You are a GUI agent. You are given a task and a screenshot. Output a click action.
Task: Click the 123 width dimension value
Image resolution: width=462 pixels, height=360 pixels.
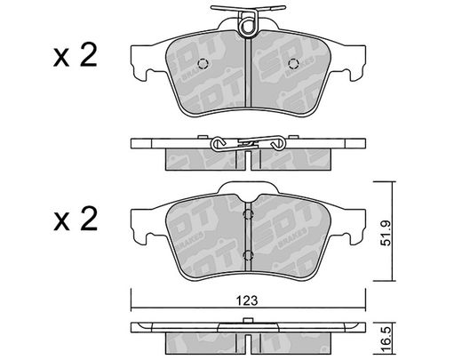click(x=247, y=300)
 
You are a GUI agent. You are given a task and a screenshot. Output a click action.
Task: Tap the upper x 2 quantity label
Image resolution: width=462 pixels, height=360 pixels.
click(x=76, y=55)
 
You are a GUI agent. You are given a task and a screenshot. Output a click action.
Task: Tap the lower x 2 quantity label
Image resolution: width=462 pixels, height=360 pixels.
click(x=76, y=220)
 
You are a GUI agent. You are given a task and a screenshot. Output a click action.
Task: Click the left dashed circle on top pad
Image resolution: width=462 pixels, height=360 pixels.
click(x=203, y=63)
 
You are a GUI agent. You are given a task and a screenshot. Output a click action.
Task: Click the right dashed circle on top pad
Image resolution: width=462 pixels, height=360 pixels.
click(x=293, y=63)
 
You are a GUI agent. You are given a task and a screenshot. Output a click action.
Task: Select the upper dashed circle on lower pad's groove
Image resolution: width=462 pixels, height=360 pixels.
click(x=248, y=214)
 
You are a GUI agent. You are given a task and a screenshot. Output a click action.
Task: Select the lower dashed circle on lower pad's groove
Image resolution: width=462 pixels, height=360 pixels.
click(x=248, y=255)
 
